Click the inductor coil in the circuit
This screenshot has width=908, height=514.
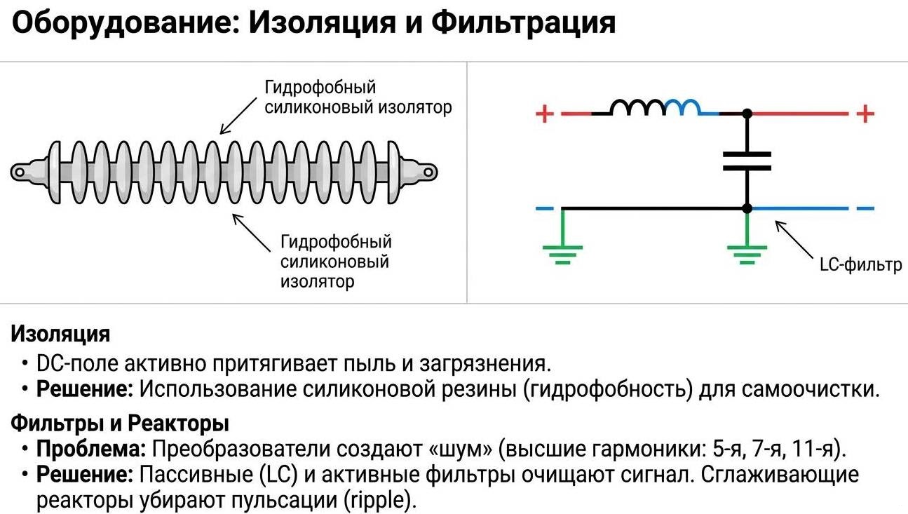point(655,107)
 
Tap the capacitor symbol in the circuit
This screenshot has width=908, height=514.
point(747,161)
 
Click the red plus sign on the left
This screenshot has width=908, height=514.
point(544,113)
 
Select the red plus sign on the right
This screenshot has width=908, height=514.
point(866,113)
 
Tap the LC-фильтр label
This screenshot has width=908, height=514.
point(860,266)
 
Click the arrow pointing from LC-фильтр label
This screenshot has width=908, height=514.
point(793,239)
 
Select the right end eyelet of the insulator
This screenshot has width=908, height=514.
point(428,170)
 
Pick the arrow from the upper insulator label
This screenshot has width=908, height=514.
point(238,116)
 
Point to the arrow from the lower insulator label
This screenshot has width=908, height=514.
point(252,233)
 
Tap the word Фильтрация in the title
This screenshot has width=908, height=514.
point(523,24)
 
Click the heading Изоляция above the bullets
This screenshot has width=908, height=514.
point(60,334)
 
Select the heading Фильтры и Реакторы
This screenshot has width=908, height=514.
point(120,424)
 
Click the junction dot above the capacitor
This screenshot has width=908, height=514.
point(747,113)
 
